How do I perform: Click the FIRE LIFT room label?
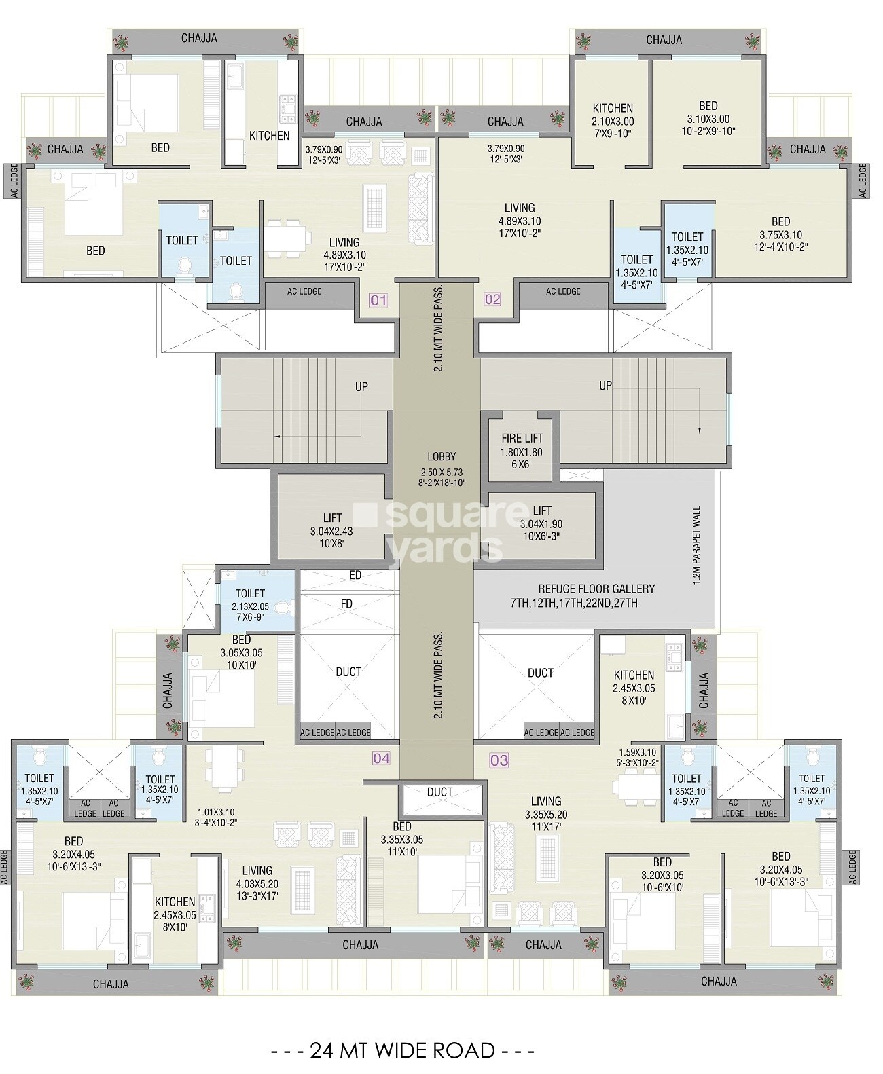click(522, 439)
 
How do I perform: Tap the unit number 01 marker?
click(378, 300)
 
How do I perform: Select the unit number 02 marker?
click(492, 299)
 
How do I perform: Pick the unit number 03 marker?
click(499, 760)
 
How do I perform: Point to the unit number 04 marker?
click(381, 758)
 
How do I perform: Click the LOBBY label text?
click(441, 457)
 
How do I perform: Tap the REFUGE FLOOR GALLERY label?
click(596, 589)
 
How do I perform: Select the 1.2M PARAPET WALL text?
click(697, 545)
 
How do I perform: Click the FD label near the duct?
click(346, 604)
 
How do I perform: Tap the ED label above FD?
click(355, 576)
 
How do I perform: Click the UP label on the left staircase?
click(361, 387)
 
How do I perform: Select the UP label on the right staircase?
click(605, 386)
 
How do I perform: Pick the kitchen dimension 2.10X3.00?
click(613, 122)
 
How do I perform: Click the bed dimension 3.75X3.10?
click(780, 235)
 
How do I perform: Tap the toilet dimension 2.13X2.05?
click(250, 606)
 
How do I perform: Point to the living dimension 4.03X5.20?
click(257, 884)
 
